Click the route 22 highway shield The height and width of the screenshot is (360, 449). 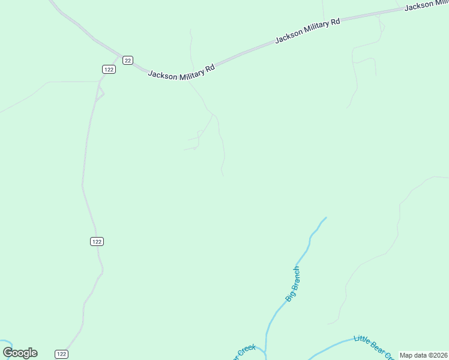tap(127, 60)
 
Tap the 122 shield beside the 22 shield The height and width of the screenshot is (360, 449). tap(109, 69)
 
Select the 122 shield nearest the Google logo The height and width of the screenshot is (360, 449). tap(61, 354)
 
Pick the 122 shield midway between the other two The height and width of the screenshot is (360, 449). tap(97, 241)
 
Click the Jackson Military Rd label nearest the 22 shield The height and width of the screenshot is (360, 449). tap(181, 71)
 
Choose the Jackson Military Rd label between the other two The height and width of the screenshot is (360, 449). tap(307, 31)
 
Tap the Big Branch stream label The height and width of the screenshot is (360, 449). tap(292, 284)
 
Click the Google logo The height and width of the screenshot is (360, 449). tap(20, 353)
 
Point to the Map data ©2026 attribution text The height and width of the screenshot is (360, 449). tap(424, 355)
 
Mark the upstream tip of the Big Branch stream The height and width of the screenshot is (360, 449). tap(326, 218)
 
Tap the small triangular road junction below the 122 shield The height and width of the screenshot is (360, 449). tap(100, 92)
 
